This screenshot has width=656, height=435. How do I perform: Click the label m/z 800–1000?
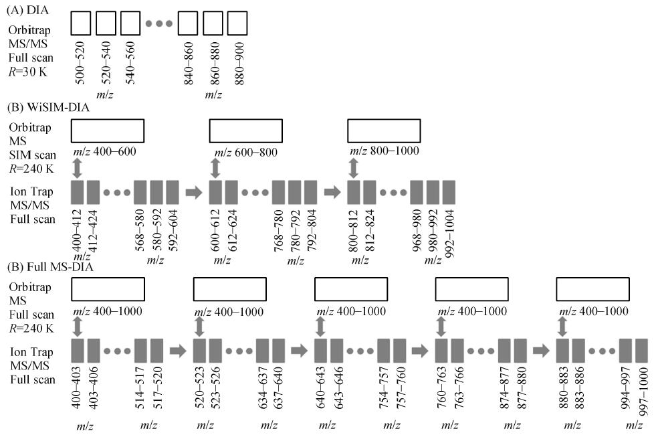tap(385, 151)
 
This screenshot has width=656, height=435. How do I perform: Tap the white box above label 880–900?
tap(237, 24)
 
